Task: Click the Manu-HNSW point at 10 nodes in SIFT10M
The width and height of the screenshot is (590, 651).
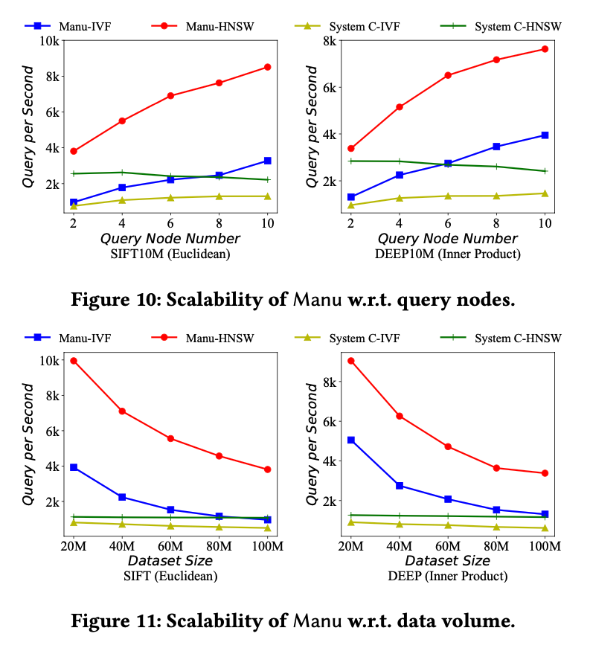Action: (x=267, y=67)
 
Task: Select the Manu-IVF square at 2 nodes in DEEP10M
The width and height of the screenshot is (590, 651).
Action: (x=350, y=197)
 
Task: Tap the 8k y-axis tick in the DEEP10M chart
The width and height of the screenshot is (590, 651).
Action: (x=330, y=40)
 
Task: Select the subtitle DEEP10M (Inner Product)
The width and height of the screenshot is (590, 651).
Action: (x=448, y=254)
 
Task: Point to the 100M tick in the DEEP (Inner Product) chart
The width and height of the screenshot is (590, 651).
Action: (x=544, y=547)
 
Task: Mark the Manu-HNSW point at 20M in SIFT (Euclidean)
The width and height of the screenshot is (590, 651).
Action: (x=74, y=361)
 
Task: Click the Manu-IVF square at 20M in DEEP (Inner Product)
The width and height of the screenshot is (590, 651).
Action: (x=350, y=440)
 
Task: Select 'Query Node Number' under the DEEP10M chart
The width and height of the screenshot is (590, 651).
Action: (x=448, y=239)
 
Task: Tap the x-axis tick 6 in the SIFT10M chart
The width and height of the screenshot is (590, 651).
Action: (x=170, y=224)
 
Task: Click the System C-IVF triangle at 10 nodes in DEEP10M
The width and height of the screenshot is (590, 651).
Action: (x=545, y=193)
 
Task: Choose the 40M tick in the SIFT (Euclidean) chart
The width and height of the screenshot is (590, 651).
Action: (x=122, y=547)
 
